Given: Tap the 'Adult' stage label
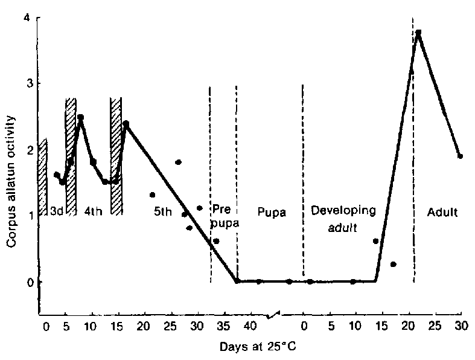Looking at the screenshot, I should pos(442,212).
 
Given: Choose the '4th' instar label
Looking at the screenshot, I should pos(94,212).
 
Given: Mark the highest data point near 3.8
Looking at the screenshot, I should pos(418,33).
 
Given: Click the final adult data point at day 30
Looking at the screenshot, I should pos(460,156).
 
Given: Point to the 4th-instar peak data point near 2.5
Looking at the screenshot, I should pos(80,117).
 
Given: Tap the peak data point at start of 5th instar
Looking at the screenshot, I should pos(126,124).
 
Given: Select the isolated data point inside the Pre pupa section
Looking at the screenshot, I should pos(216,240).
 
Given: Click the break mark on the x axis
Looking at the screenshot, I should pos(275,315).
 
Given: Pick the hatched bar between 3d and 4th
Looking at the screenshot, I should pos(71,156).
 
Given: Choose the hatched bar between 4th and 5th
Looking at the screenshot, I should pos(116,156).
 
